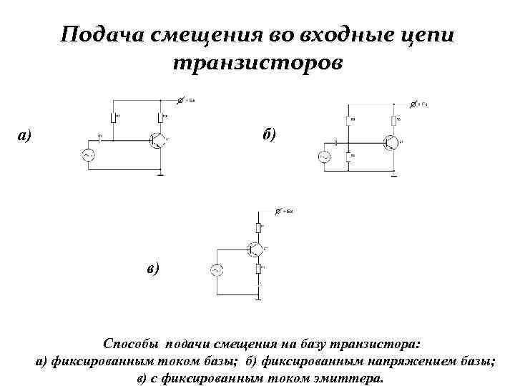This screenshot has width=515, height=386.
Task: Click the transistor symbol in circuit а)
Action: click(157, 139)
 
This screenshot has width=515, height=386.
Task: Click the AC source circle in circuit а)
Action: click(91, 155)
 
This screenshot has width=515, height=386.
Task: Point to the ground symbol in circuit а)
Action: click(161, 173)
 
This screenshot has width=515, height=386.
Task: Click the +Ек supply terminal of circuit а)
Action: click(182, 100)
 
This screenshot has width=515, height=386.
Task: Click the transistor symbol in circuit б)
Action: click(390, 143)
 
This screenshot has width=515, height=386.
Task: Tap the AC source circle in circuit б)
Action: click(323, 157)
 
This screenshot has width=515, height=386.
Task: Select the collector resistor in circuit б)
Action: click(393, 119)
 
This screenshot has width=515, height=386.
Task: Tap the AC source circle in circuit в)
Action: click(215, 269)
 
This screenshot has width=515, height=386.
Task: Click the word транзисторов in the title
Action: click(257, 63)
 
